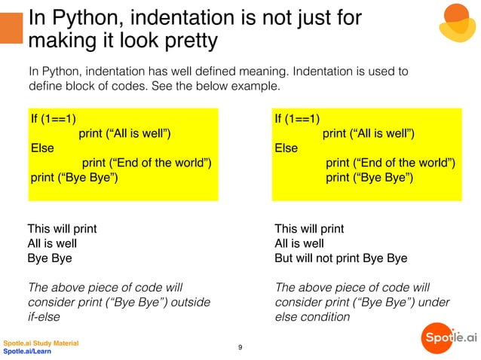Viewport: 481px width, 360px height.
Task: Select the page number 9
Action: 240,347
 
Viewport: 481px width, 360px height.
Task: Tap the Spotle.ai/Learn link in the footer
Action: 27,352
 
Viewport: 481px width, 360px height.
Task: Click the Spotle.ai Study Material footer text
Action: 41,343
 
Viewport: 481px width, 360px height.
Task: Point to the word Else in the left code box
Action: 41,148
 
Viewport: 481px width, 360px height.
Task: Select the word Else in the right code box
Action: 286,148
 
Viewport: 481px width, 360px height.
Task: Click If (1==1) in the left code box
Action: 53,118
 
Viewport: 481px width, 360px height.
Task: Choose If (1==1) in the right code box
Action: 298,118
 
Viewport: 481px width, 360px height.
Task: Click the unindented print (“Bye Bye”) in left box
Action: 74,178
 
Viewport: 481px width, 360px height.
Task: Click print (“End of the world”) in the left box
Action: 146,163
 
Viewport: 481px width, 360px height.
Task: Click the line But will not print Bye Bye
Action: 341,258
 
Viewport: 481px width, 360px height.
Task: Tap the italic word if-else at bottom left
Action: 43,317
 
